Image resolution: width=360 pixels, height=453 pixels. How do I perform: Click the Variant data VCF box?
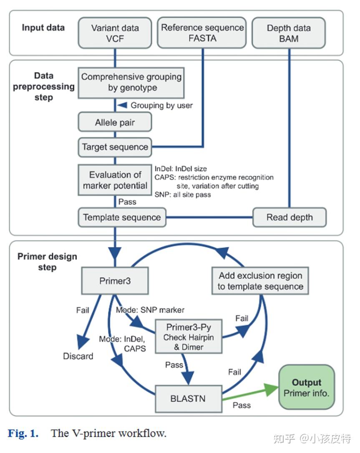click(x=115, y=34)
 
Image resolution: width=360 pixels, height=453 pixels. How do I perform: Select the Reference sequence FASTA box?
click(x=202, y=33)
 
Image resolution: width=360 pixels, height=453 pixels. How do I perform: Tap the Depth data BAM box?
click(x=289, y=34)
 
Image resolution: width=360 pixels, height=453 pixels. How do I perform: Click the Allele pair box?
click(x=115, y=123)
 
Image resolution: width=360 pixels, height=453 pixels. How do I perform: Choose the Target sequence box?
click(x=115, y=147)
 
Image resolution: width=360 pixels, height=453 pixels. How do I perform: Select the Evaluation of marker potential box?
click(x=115, y=180)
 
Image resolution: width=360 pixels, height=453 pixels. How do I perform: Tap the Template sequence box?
click(x=122, y=217)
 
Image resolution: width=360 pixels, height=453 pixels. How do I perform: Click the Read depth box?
click(x=290, y=217)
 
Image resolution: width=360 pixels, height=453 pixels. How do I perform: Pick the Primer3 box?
click(x=115, y=280)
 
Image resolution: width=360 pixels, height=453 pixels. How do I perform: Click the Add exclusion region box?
click(x=260, y=281)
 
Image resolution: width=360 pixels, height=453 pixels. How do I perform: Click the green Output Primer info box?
click(x=307, y=388)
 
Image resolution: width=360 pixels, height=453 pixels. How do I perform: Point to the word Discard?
click(x=78, y=356)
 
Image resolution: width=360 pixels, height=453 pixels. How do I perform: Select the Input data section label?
click(x=43, y=28)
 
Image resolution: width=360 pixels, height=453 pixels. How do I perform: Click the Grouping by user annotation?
click(x=161, y=105)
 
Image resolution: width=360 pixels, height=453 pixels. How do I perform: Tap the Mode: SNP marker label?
click(x=150, y=310)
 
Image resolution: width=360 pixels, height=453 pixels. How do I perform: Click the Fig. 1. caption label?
click(x=23, y=433)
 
